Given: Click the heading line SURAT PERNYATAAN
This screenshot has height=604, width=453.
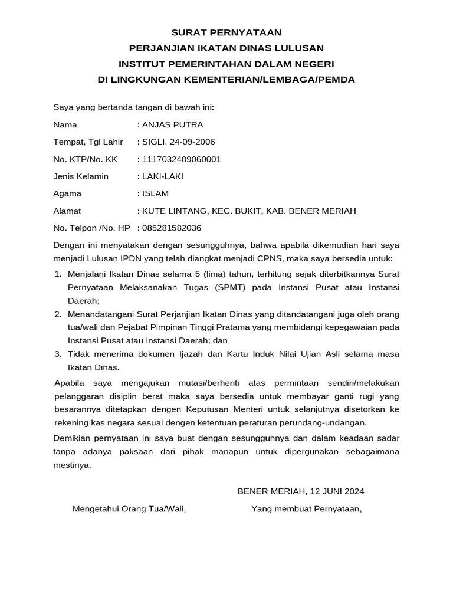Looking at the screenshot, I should pos(226,32).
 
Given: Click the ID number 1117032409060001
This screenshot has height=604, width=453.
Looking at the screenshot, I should pos(181,159).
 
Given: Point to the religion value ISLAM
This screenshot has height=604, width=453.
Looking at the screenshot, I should pos(155,193).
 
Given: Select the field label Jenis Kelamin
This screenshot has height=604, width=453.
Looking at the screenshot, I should pos(81,176).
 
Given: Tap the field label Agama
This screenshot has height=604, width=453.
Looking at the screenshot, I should pos(67,193).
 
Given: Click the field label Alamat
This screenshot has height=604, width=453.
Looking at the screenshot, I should pos(67,211).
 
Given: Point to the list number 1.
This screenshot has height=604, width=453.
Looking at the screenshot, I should pos(57,274).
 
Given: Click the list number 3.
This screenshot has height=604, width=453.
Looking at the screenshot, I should pos(57,354).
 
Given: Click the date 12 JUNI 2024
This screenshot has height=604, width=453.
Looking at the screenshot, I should pos(337,491).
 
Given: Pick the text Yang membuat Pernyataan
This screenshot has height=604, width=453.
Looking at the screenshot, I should pos(306,508).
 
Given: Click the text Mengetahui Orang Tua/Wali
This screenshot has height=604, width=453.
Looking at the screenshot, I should pos(129,508).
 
